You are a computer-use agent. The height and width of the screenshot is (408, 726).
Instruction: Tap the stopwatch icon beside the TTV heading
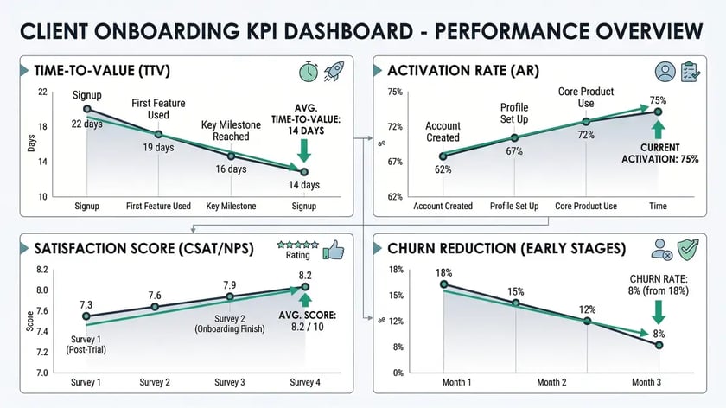click(309, 72)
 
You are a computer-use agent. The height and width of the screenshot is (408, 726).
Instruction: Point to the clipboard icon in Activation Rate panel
click(690, 71)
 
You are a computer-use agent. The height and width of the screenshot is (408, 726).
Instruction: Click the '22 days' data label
click(87, 124)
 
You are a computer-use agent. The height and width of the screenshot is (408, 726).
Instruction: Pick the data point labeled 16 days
click(231, 156)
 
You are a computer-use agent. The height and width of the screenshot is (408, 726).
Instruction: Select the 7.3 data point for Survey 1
click(86, 316)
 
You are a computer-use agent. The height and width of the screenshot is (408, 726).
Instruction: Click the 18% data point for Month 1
click(443, 284)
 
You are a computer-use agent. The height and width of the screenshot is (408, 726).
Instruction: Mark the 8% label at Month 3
click(659, 334)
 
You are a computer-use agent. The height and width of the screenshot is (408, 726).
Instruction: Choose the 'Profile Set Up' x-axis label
click(514, 206)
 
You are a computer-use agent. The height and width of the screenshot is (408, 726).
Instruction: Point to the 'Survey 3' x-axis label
click(230, 382)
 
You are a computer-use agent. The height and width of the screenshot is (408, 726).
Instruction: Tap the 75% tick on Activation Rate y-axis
click(395, 92)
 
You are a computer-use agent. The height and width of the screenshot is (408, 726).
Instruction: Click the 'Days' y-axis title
click(31, 143)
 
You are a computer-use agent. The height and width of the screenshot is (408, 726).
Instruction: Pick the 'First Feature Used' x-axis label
click(158, 206)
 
